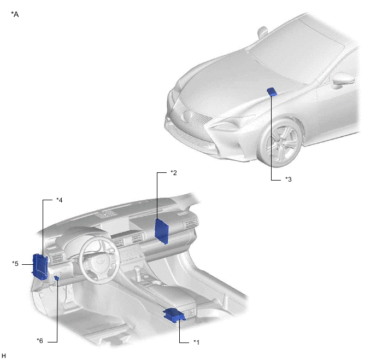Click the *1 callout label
[x=196, y=342]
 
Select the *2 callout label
[x=174, y=172]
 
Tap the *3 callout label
[x=289, y=179]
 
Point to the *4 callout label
[x=59, y=200]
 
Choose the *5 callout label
[x=15, y=264]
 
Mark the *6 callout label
[x=40, y=341]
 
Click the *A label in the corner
[x=15, y=14]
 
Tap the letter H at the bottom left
[x=4, y=356]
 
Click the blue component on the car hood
[x=272, y=92]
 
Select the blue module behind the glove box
[x=161, y=231]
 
